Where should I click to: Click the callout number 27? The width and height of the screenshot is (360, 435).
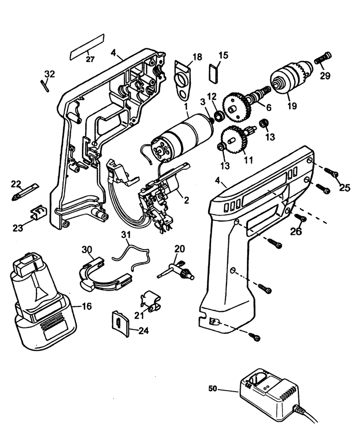pos(89,59)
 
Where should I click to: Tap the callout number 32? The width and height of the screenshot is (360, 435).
pos(49,73)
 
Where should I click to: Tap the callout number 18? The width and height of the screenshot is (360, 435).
pos(197,57)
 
